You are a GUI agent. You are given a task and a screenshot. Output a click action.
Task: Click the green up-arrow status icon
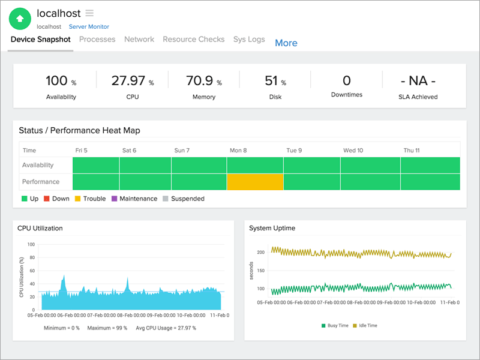(x=20, y=19)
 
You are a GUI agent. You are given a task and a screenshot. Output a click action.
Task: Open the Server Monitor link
(x=89, y=26)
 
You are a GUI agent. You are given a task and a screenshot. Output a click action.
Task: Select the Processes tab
(x=97, y=39)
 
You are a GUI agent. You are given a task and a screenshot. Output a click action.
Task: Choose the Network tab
(x=139, y=39)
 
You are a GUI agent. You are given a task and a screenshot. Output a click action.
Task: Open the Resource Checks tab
(x=193, y=39)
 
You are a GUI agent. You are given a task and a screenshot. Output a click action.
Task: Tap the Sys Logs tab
(x=249, y=39)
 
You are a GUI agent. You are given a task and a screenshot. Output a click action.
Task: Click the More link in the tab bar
(x=286, y=43)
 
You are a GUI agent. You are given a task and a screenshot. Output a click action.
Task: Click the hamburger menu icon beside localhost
(x=89, y=13)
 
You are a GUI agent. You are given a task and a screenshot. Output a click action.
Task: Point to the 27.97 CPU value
(x=128, y=81)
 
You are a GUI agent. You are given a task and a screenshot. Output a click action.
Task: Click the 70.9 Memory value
(x=200, y=81)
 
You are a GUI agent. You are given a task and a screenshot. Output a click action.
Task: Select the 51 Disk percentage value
(x=271, y=81)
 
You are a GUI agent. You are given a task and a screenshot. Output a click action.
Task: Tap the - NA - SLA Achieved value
(x=418, y=81)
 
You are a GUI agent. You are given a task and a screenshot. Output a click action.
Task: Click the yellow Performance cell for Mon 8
(x=254, y=182)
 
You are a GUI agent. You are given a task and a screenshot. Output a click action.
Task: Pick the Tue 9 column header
(x=294, y=150)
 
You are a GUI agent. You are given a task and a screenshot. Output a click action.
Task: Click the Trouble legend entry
(x=90, y=199)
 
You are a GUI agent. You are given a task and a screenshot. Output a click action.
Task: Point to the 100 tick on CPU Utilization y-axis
(x=31, y=245)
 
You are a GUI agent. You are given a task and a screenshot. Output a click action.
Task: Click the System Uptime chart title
(x=272, y=228)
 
